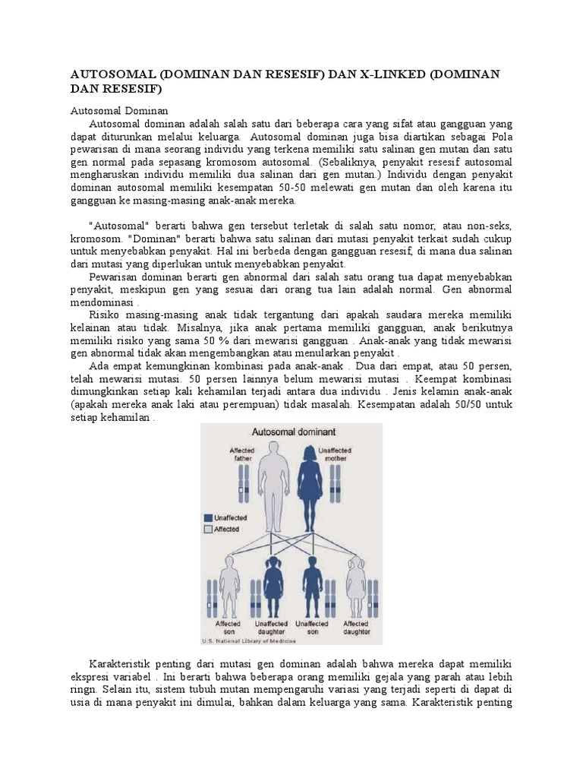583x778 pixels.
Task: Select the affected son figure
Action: click(x=228, y=585)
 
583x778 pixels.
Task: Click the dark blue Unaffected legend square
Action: click(x=208, y=517)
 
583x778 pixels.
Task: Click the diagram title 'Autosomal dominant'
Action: click(x=292, y=432)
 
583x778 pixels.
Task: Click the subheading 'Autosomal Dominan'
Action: click(x=119, y=110)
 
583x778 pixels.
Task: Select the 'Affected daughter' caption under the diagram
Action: click(x=357, y=628)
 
